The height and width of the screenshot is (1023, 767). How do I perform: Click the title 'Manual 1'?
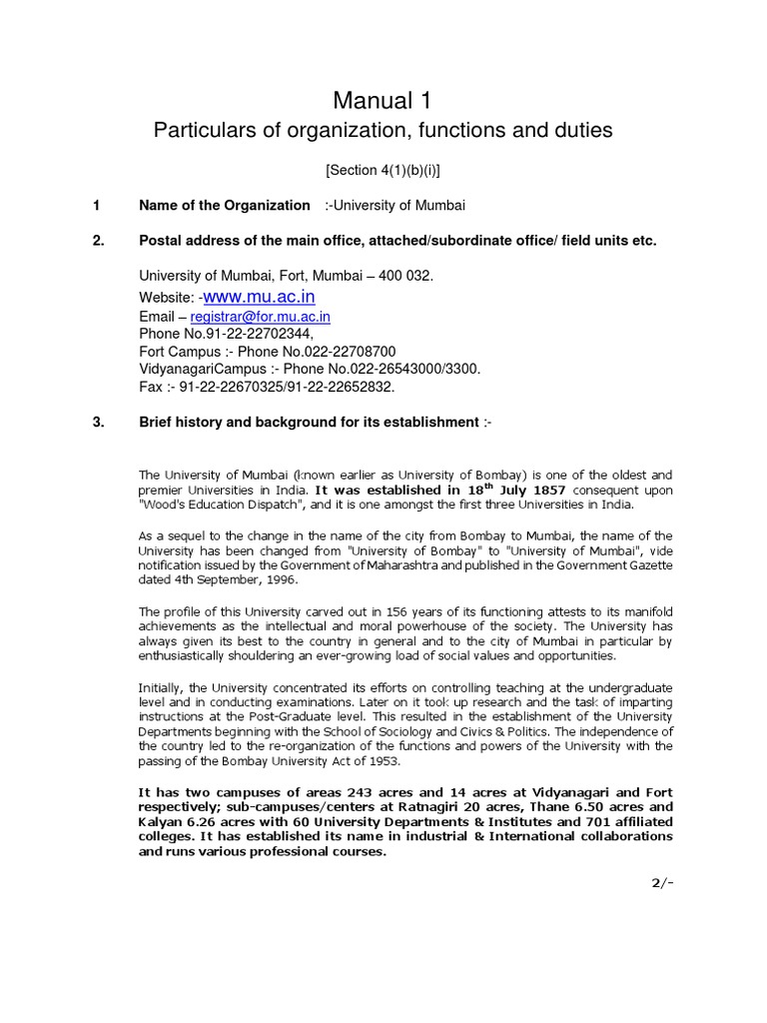[x=383, y=100]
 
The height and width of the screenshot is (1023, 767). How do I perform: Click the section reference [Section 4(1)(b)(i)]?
[x=383, y=171]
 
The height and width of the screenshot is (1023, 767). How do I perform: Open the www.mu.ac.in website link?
[x=259, y=297]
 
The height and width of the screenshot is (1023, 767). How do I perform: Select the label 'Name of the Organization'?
[x=225, y=205]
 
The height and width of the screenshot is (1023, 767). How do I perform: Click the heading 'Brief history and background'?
[x=310, y=422]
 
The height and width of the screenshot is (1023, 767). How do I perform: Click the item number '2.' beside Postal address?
[x=99, y=241]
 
